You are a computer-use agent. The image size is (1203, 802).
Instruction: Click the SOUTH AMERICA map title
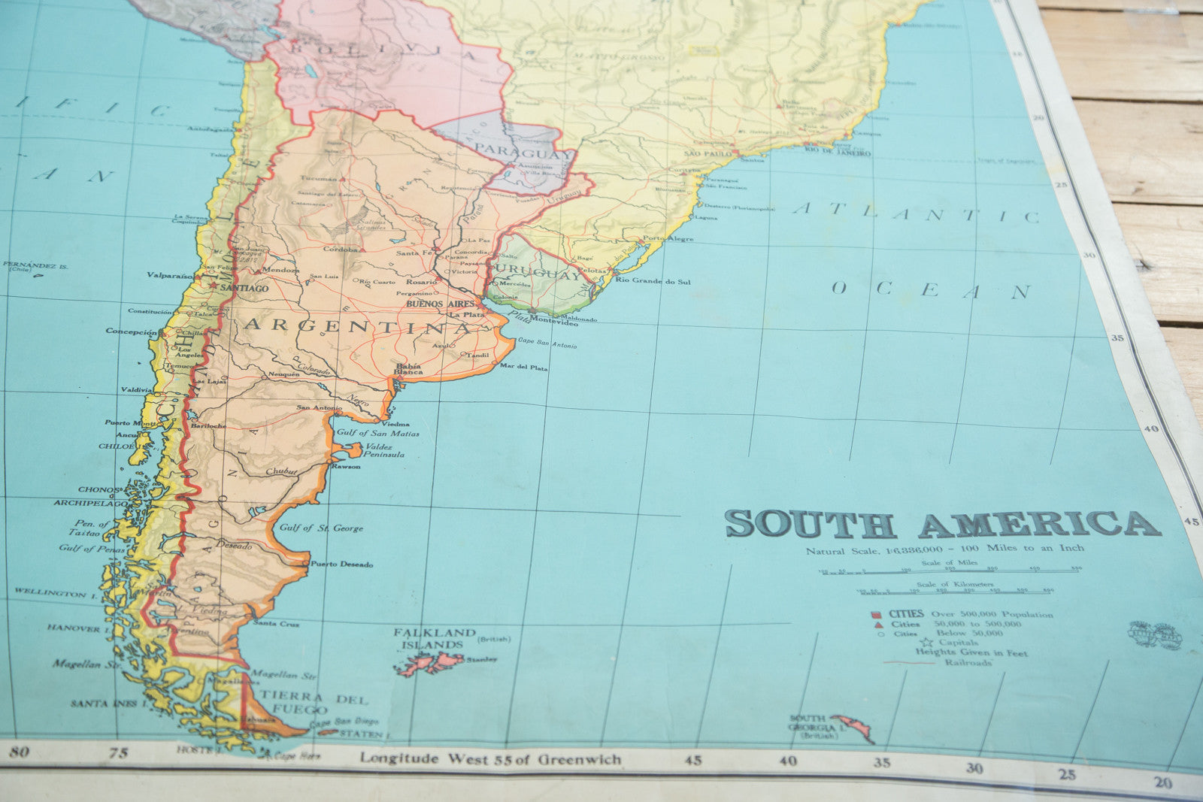click(x=943, y=524)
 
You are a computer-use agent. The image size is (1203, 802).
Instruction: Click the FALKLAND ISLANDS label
click(x=434, y=638)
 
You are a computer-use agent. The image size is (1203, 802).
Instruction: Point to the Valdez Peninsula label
click(x=384, y=450)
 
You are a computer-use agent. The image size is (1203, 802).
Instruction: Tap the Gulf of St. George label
click(x=321, y=528)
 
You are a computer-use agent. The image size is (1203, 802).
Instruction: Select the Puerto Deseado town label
click(x=341, y=564)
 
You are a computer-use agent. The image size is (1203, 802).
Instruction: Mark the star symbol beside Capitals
click(x=927, y=643)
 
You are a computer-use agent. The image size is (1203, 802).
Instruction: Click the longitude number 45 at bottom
click(x=693, y=761)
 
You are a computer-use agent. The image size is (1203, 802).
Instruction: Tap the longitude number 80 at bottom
click(x=20, y=752)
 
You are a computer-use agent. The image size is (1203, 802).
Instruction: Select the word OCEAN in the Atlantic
click(x=930, y=289)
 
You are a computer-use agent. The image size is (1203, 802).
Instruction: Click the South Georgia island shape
click(x=854, y=725)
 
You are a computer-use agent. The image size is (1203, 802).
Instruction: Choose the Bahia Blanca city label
click(x=408, y=369)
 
